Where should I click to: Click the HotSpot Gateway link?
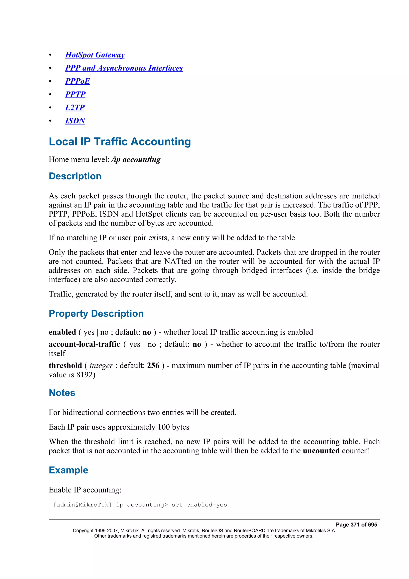95,55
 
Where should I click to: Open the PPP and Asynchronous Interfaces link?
124,68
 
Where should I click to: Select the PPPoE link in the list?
77,81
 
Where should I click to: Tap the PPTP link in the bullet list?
75,94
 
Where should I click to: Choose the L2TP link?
75,107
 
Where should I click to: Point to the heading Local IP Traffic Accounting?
120,141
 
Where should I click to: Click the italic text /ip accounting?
136,159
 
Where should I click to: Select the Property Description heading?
96,313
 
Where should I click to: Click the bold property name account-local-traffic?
84,344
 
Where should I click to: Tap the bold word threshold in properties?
65,365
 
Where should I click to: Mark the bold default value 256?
153,365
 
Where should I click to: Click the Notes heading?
62,393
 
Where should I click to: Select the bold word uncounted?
321,451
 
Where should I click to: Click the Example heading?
68,470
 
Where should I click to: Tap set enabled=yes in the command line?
199,505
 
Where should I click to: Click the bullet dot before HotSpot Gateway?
50,55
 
